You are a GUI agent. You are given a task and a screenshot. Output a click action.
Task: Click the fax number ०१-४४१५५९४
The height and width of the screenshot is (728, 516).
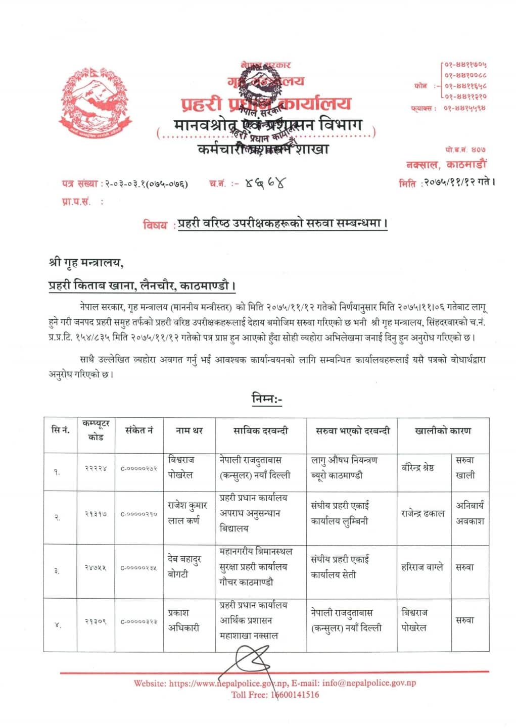point(465,108)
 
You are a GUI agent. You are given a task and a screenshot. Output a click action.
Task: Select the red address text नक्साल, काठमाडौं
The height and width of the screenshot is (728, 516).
point(446,164)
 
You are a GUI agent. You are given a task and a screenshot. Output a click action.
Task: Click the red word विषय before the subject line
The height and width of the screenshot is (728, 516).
point(155,225)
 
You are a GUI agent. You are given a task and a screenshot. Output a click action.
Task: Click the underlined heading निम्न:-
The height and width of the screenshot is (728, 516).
point(267,399)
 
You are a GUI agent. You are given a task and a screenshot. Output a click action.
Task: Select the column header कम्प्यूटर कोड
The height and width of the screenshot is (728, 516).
point(96,430)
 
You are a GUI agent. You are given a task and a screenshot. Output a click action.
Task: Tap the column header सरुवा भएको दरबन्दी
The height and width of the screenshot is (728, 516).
point(352,431)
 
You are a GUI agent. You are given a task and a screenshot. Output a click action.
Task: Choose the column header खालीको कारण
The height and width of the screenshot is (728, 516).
point(443,431)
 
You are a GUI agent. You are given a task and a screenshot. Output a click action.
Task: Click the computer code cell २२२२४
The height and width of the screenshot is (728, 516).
point(96,468)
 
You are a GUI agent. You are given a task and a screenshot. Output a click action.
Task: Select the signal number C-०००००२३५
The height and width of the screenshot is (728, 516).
point(138,567)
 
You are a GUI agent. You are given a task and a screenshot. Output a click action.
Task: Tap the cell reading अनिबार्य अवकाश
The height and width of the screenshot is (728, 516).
point(470,512)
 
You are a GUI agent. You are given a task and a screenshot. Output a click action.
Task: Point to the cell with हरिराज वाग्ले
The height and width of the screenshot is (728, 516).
point(422,567)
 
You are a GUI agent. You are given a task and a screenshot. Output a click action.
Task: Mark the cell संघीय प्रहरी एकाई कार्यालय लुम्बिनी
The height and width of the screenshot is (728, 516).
point(340,513)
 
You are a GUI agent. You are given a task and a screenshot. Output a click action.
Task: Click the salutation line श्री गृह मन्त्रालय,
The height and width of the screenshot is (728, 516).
point(86,264)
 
